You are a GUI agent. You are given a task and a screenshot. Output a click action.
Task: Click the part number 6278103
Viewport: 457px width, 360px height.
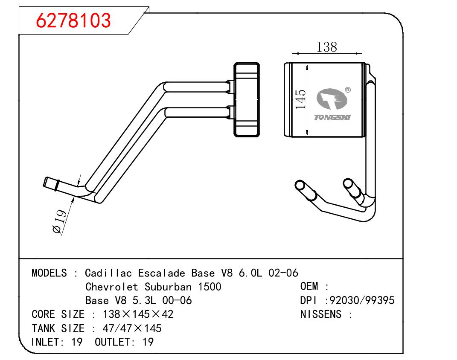73,20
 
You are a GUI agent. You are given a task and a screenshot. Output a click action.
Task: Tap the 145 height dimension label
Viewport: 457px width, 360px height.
301,99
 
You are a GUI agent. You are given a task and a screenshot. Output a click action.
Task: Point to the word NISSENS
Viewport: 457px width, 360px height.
321,314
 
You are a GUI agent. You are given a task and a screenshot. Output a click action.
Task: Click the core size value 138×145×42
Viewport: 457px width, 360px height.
138,314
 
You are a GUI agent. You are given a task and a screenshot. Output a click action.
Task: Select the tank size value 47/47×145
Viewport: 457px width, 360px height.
132,328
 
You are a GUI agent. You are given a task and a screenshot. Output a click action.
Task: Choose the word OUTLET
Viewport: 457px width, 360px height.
111,342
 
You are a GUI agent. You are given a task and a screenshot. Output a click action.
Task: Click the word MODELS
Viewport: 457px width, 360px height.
49,273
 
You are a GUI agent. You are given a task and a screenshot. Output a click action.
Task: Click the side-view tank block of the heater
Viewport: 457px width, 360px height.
246,99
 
